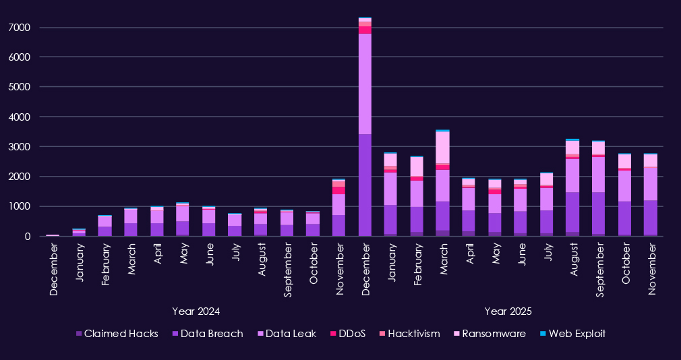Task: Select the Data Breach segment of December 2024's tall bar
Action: [x=365, y=185]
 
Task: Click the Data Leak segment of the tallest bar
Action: [x=365, y=84]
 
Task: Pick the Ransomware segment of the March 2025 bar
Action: [x=442, y=147]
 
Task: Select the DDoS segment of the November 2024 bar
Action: [x=338, y=190]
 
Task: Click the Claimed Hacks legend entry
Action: [x=117, y=334]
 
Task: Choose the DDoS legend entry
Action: [x=348, y=334]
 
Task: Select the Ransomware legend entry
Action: [x=491, y=334]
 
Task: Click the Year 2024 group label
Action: [x=196, y=311]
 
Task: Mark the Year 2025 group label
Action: [x=508, y=311]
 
